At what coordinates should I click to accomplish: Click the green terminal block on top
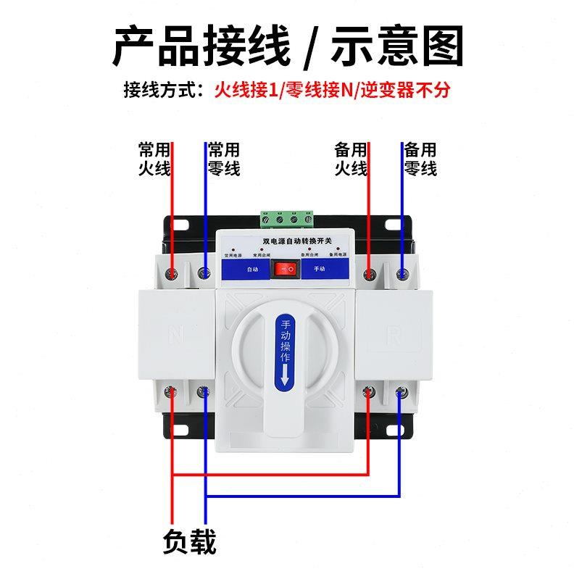pyautogui.click(x=287, y=218)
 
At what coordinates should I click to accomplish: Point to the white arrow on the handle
pyautogui.click(x=285, y=374)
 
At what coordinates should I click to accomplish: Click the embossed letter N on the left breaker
pyautogui.click(x=176, y=335)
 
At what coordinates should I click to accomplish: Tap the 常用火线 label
pyautogui.click(x=154, y=159)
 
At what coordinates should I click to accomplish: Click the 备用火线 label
pyautogui.click(x=350, y=159)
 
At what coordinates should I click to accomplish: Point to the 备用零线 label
pyautogui.click(x=420, y=159)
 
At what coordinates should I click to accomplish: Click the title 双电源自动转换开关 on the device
pyautogui.click(x=286, y=240)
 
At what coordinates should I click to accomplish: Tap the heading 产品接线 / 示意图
pyautogui.click(x=287, y=45)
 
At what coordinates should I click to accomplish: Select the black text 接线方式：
pyautogui.click(x=167, y=91)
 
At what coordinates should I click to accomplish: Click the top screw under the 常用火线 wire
pyautogui.click(x=172, y=273)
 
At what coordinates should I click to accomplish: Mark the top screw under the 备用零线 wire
pyautogui.click(x=402, y=273)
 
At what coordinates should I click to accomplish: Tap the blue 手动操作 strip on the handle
pyautogui.click(x=286, y=351)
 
